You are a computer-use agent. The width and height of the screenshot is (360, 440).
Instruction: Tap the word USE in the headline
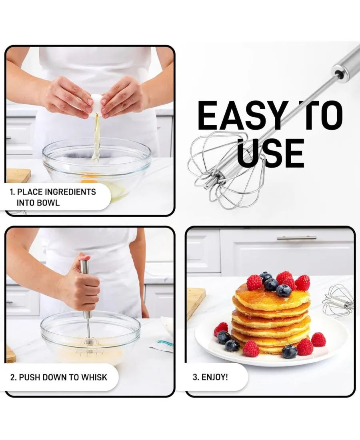point(270,153)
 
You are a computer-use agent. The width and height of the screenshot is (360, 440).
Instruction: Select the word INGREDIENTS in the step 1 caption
point(70,192)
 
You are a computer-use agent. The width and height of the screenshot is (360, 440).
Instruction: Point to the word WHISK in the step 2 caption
point(94,377)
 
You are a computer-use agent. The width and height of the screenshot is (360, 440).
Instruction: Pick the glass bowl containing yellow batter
point(90,338)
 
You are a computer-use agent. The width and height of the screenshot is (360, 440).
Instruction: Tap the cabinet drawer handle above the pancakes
point(296,238)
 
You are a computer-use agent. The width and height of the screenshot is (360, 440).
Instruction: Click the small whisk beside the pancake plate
point(338,300)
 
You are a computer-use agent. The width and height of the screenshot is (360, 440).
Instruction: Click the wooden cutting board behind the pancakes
point(195,302)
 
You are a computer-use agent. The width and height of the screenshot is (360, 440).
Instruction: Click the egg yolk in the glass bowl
point(89,180)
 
